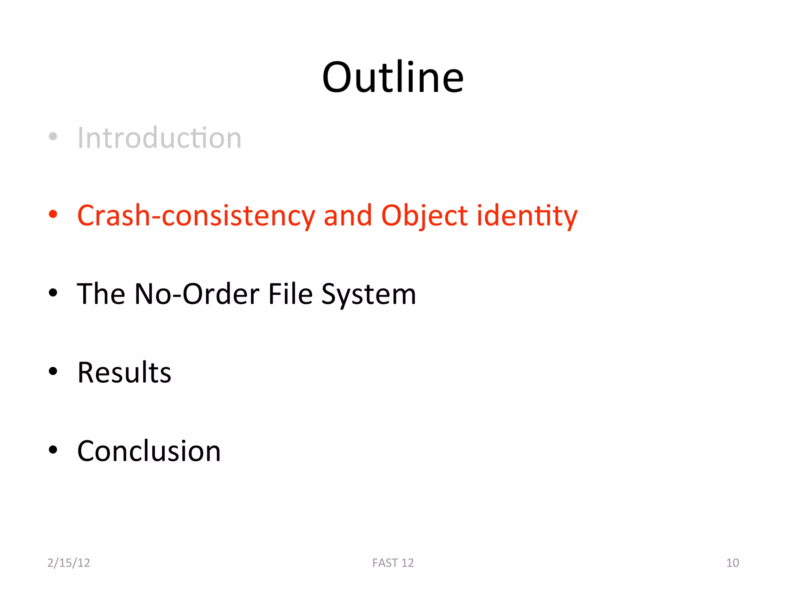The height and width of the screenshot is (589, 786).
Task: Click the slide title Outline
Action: point(393,78)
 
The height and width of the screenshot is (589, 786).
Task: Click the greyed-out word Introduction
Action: point(159,138)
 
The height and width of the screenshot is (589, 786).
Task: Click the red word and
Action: point(348,216)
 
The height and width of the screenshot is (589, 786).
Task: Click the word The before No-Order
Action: point(101,294)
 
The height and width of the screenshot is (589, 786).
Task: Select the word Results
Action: point(124,372)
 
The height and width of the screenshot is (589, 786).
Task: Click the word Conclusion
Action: point(149,451)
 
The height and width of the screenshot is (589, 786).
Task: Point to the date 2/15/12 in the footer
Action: point(69,563)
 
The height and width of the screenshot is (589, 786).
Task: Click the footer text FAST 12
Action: point(393,563)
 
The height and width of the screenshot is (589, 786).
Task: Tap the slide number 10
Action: point(732,563)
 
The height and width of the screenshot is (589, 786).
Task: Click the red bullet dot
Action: point(53,214)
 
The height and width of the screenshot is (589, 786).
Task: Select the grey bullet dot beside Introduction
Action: point(53,136)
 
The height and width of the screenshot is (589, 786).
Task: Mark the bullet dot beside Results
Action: point(53,371)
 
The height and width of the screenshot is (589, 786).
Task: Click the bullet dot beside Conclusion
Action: point(53,450)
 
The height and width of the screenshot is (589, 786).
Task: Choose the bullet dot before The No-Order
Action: point(53,293)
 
